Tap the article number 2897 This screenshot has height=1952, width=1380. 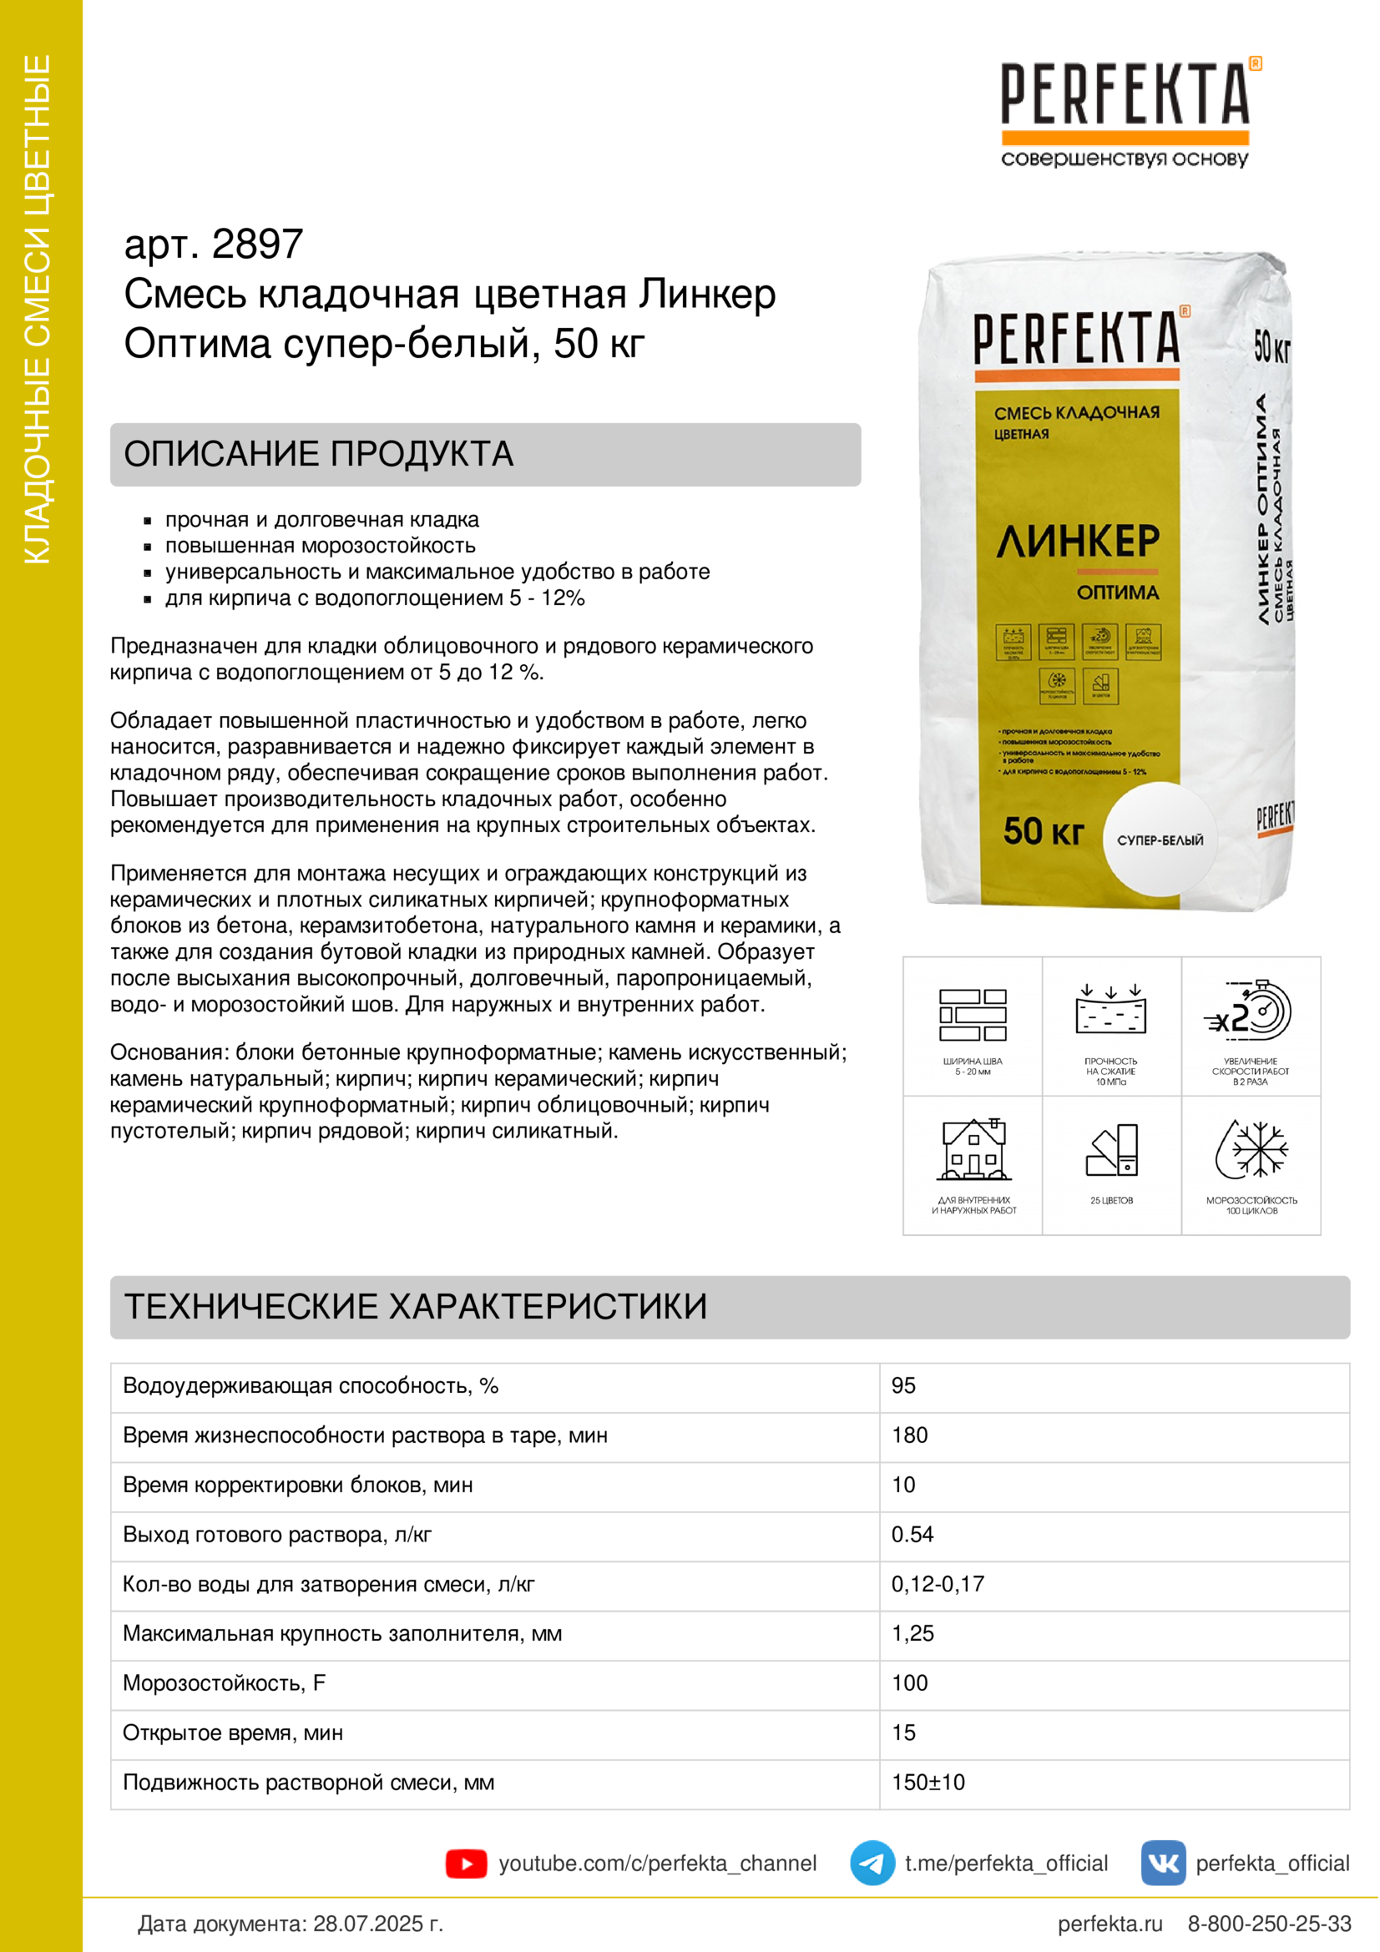click(x=257, y=245)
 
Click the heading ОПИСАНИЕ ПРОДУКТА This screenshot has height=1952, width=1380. click(x=319, y=454)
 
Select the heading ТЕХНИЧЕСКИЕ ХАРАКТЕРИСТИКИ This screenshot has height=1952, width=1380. click(x=416, y=1307)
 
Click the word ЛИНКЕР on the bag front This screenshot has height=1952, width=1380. click(x=1078, y=542)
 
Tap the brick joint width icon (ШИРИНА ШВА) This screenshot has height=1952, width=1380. click(x=973, y=1015)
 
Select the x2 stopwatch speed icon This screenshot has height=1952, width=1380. click(x=1251, y=1011)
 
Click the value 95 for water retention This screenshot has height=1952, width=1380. click(x=903, y=1386)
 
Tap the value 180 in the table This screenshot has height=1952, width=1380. click(x=909, y=1435)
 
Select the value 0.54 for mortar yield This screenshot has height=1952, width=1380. click(x=912, y=1535)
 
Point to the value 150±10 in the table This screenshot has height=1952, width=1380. click(x=928, y=1782)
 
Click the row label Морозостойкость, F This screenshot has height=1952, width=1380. click(x=225, y=1683)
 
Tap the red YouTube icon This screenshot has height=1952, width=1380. click(x=466, y=1864)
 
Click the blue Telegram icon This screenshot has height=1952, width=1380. click(x=872, y=1864)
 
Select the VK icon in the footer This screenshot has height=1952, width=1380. click(x=1162, y=1864)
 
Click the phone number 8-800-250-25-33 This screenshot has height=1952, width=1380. click(x=1269, y=1924)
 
